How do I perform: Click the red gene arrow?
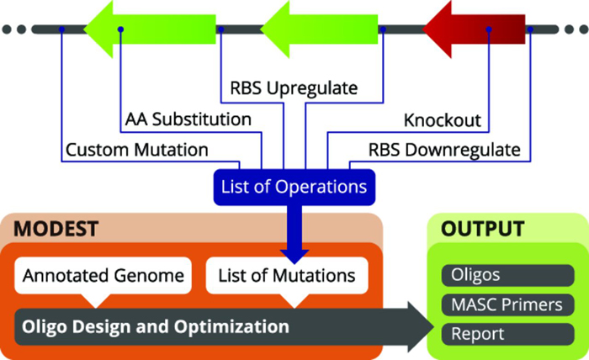click(x=474, y=29)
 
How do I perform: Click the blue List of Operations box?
click(x=294, y=187)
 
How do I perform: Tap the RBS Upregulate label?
click(x=294, y=88)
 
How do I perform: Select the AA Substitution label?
click(x=188, y=119)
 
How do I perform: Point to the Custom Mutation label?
click(x=136, y=150)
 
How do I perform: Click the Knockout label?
click(x=443, y=120)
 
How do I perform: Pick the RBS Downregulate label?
click(x=444, y=150)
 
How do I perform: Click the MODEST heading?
click(x=56, y=229)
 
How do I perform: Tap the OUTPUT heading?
click(x=483, y=229)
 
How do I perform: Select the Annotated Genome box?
click(x=103, y=276)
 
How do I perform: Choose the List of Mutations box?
click(x=287, y=276)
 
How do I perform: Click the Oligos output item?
click(x=508, y=275)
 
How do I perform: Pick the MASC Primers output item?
click(x=508, y=304)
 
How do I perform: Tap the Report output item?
click(x=508, y=334)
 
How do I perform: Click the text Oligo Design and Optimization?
click(x=156, y=326)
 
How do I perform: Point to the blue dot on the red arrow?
click(x=489, y=29)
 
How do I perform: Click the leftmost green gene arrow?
click(x=150, y=29)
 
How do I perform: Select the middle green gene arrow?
click(x=319, y=29)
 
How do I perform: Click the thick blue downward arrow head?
click(x=294, y=257)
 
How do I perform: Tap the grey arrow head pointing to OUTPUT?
click(x=421, y=326)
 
